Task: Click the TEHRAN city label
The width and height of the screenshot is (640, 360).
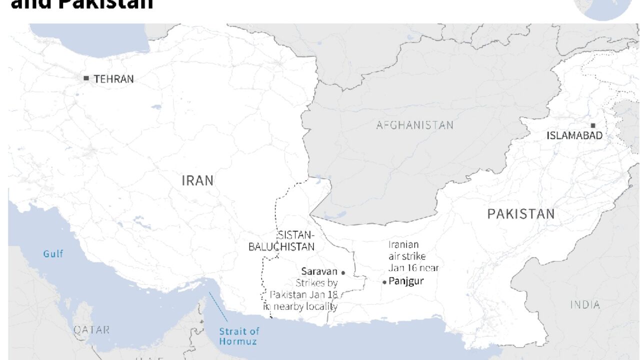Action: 113,78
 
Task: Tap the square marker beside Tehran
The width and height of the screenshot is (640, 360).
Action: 86,78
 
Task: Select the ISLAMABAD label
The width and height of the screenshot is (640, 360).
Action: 574,135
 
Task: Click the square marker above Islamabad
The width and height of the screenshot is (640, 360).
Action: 593,125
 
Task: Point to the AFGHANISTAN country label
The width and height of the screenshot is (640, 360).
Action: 414,125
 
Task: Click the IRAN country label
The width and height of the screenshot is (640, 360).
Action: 197,180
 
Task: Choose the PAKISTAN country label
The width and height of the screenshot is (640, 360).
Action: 520,214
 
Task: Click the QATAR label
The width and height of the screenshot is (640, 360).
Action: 91,330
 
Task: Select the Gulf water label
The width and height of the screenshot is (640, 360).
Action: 53,254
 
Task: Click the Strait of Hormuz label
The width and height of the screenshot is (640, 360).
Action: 239,336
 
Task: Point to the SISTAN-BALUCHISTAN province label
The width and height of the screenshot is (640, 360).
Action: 282,241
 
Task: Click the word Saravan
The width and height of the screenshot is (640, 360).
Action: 319,271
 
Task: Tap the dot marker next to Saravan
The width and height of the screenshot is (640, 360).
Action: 343,272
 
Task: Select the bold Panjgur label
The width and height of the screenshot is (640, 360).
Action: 406,281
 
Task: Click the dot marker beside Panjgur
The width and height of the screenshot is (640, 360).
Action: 384,282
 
